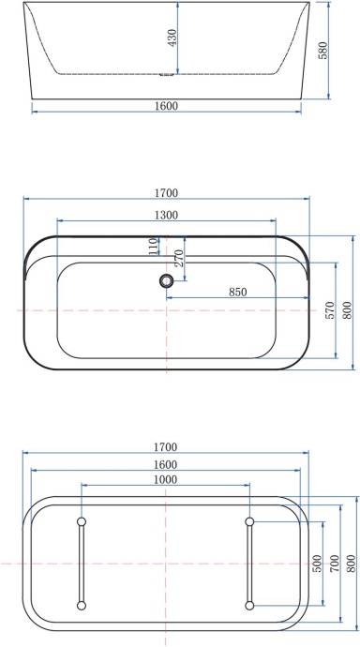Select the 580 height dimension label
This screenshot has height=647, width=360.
click(x=324, y=50)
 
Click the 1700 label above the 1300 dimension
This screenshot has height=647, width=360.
click(x=166, y=193)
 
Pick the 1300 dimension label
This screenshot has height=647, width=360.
click(x=166, y=215)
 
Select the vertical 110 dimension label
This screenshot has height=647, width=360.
click(x=153, y=246)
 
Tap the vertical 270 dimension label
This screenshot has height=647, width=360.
click(x=179, y=259)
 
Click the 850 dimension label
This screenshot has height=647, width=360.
click(x=238, y=292)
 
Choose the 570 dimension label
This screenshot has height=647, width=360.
click(x=329, y=310)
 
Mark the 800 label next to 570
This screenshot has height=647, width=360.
click(x=346, y=310)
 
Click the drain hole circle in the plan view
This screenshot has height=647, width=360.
click(x=167, y=280)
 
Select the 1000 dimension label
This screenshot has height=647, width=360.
click(x=165, y=478)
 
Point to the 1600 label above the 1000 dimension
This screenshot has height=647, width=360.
click(x=165, y=463)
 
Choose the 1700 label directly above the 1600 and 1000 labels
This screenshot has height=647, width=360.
click(x=165, y=446)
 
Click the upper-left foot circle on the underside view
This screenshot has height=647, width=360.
click(x=82, y=520)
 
